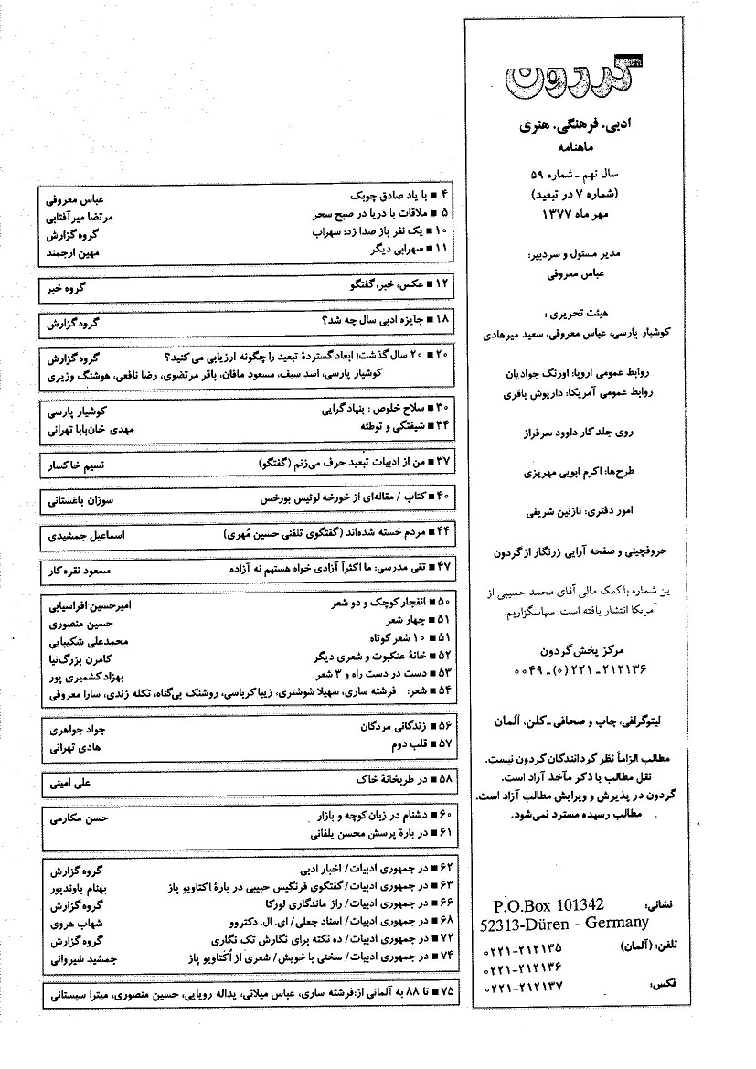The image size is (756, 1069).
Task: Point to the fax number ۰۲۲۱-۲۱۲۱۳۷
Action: [524, 987]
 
